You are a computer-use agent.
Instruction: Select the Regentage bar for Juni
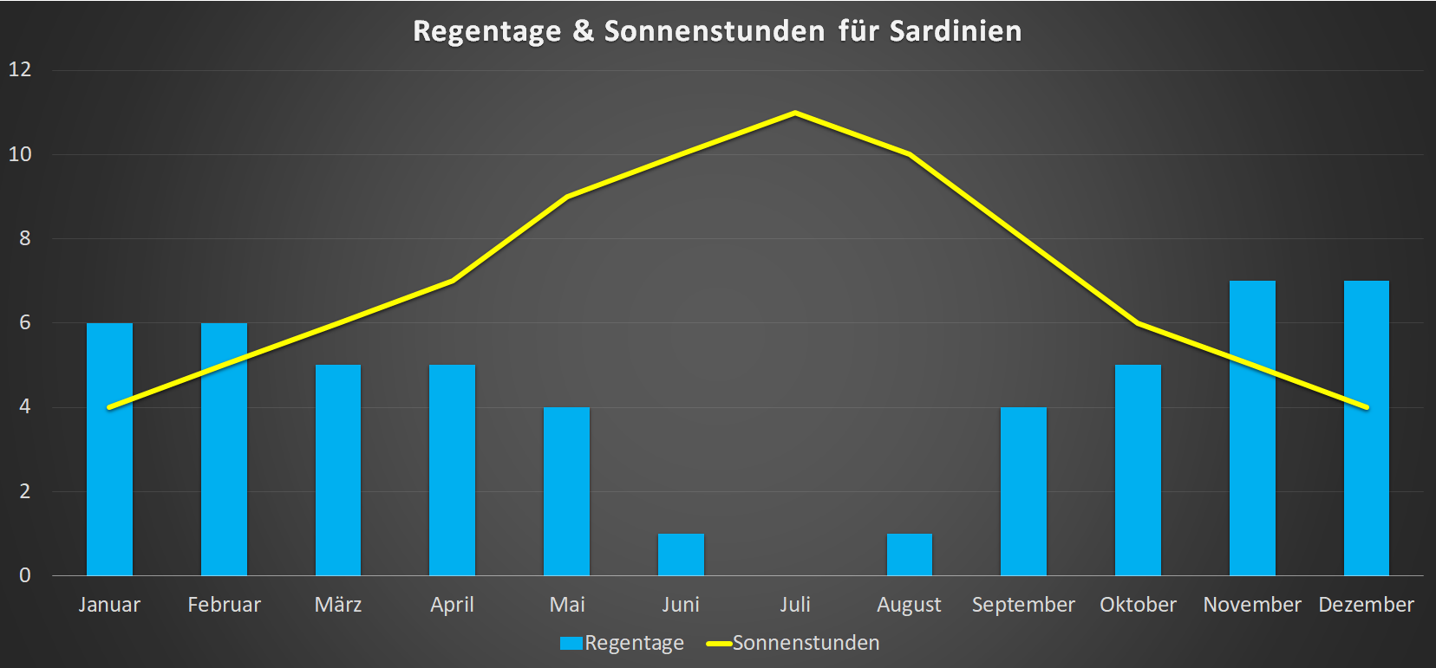coord(681,555)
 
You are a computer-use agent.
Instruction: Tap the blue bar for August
coord(909,555)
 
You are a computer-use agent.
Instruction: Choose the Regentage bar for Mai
coord(566,491)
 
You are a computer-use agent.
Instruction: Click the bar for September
coord(1023,491)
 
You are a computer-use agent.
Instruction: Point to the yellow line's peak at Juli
coord(795,113)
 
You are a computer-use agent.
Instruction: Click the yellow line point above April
coord(453,281)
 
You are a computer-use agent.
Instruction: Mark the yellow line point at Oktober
coord(1138,323)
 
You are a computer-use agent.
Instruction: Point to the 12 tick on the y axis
coord(20,69)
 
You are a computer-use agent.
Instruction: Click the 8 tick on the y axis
coord(24,238)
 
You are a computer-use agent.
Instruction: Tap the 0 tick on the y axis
coord(24,575)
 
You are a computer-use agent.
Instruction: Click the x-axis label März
coord(338,605)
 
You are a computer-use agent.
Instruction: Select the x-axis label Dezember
coord(1366,605)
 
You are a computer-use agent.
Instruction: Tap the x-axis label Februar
coord(224,605)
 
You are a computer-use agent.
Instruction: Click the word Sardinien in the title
coord(956,31)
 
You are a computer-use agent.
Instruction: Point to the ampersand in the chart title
coord(583,31)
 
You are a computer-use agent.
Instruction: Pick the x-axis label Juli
coord(795,605)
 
